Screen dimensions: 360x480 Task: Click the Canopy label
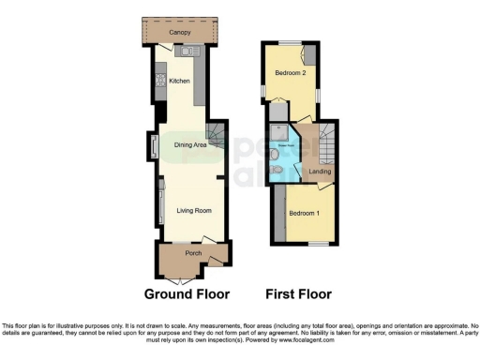pyautogui.click(x=180, y=32)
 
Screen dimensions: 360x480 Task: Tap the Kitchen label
pyautogui.click(x=180, y=82)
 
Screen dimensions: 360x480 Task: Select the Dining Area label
pyautogui.click(x=189, y=145)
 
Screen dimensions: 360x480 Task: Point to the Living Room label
pyautogui.click(x=194, y=210)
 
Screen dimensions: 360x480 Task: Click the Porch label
pyautogui.click(x=193, y=253)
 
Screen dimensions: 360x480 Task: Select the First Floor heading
pyautogui.click(x=298, y=293)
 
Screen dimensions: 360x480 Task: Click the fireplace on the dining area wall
pyautogui.click(x=153, y=148)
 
